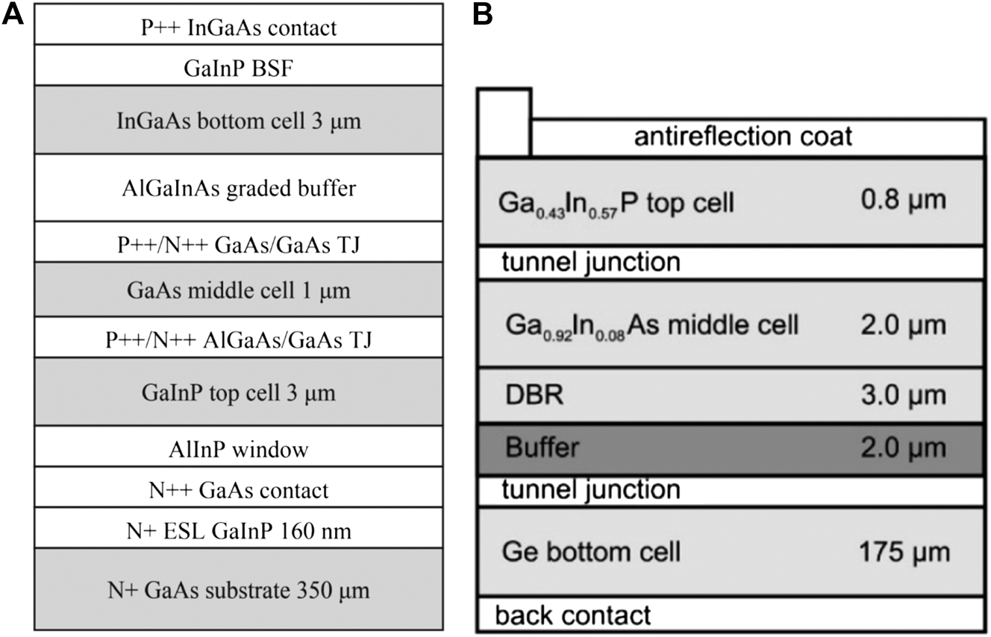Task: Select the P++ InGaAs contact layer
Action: click(x=239, y=28)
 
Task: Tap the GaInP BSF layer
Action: click(x=239, y=69)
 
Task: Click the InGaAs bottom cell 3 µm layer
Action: click(x=239, y=121)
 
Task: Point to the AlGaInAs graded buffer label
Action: click(x=239, y=188)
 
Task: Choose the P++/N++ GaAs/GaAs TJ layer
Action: click(x=239, y=243)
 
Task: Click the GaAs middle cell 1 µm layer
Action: click(x=239, y=290)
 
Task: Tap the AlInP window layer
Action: click(x=239, y=449)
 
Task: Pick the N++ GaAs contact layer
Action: click(x=239, y=489)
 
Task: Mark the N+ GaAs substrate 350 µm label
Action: click(x=239, y=590)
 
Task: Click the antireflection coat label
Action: click(x=743, y=137)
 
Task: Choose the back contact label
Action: click(x=573, y=615)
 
